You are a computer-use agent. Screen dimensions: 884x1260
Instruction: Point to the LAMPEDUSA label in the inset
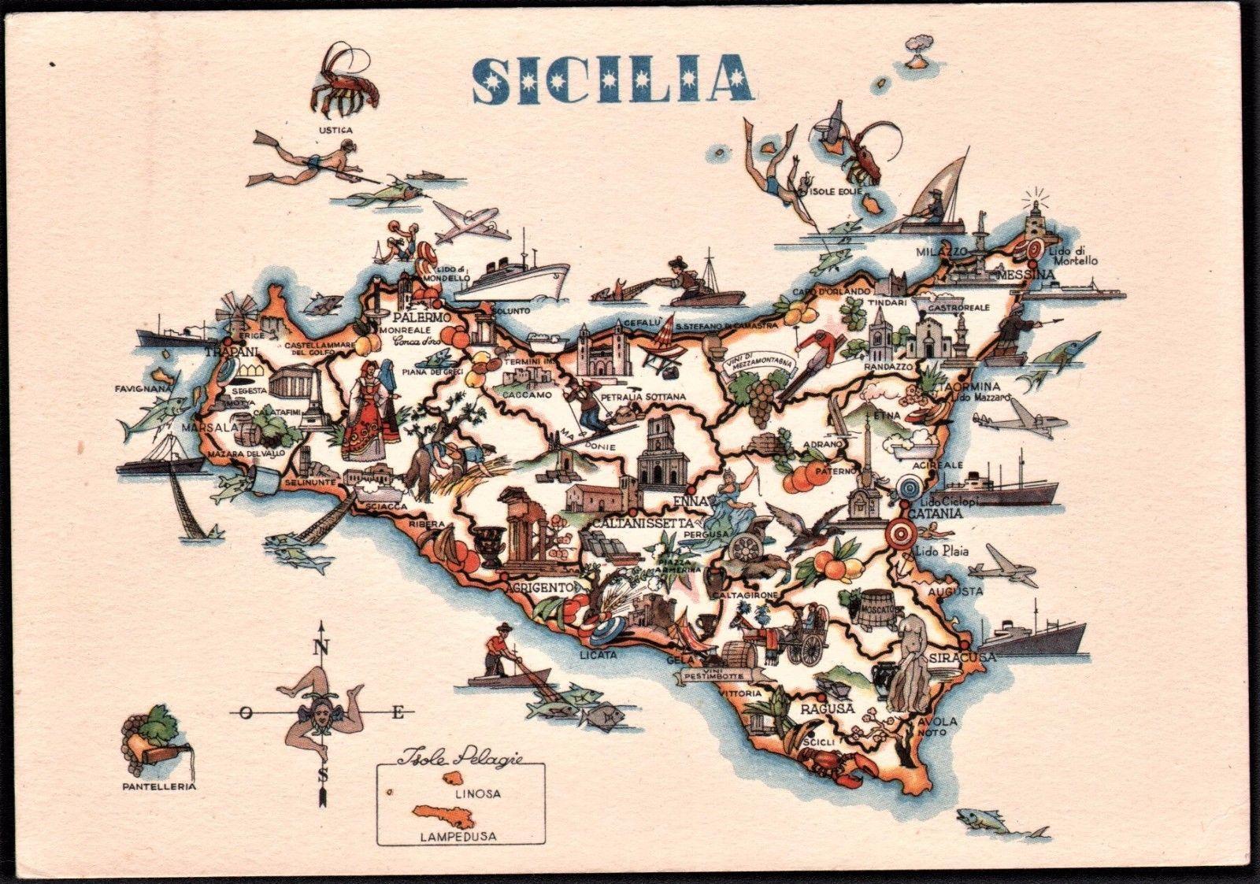click(x=458, y=836)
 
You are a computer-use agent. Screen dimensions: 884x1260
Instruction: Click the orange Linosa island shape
click(x=452, y=777)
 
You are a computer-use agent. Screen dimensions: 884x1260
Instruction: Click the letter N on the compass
click(x=321, y=649)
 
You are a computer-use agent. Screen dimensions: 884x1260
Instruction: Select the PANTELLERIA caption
click(x=158, y=786)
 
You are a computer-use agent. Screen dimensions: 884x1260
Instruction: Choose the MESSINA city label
click(x=1025, y=274)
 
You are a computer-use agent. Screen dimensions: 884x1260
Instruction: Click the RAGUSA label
click(x=828, y=708)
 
